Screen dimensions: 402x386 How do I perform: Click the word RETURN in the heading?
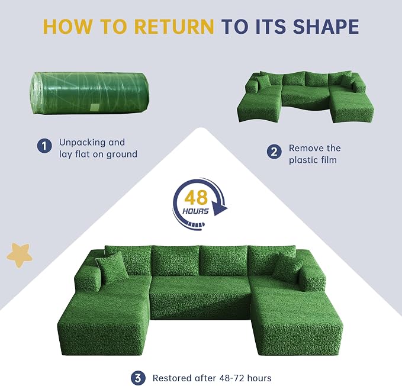[174, 27]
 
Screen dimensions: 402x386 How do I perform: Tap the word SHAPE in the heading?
[326, 27]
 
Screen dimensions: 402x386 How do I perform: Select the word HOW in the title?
[67, 27]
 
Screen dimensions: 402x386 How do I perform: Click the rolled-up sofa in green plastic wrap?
[90, 93]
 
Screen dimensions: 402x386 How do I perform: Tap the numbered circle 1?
[44, 146]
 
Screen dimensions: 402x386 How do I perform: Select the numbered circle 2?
[274, 152]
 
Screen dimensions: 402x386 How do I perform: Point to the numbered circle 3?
[138, 378]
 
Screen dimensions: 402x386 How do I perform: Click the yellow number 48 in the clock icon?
[196, 198]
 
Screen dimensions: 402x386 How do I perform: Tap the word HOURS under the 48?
[195, 211]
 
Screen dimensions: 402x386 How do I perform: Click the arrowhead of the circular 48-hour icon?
[220, 207]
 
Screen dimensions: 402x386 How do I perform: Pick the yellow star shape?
[20, 255]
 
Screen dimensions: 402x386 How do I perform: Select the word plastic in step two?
[303, 160]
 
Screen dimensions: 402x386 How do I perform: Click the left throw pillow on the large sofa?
[112, 268]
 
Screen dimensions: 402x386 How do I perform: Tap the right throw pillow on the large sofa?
[287, 268]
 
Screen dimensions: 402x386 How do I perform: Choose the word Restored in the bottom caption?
[172, 378]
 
